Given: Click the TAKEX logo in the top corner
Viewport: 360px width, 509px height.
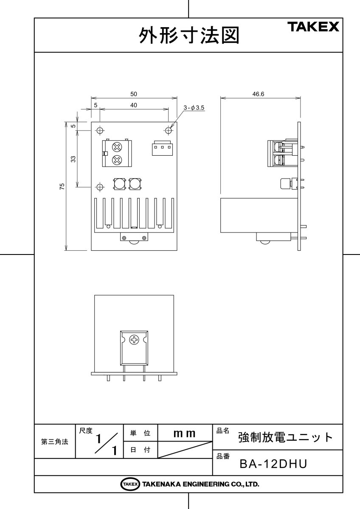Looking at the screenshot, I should pos(314,27).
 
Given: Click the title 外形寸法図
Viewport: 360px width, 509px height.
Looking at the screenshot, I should pos(189,36).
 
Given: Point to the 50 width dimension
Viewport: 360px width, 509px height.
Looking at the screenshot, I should pos(134,94).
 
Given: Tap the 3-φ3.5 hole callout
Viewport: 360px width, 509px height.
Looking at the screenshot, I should pos(194,108).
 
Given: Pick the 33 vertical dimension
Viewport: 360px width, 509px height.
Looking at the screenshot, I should pos(73,159).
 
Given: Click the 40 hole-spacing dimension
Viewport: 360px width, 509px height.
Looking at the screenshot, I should pos(134,105).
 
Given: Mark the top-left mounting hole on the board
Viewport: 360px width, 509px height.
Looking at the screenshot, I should pos(100,130).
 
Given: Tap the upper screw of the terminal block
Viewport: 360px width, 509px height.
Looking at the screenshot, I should pos(117,147).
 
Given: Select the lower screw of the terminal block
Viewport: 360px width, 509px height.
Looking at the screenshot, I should pos(117,160).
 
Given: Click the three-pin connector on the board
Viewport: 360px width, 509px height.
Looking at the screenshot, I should pos(162,148).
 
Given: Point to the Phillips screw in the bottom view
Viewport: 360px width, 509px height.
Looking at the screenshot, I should pos(135,340).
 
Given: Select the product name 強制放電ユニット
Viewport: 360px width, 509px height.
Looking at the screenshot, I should pos(285,437).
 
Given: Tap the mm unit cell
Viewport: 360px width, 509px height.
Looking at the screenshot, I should pos(185,433).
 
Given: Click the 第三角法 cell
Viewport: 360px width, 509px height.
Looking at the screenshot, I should pos(55,442).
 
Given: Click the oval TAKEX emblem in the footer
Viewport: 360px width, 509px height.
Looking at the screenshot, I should pos(130,484).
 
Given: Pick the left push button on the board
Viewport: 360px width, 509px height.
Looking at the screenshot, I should pos(119,184).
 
